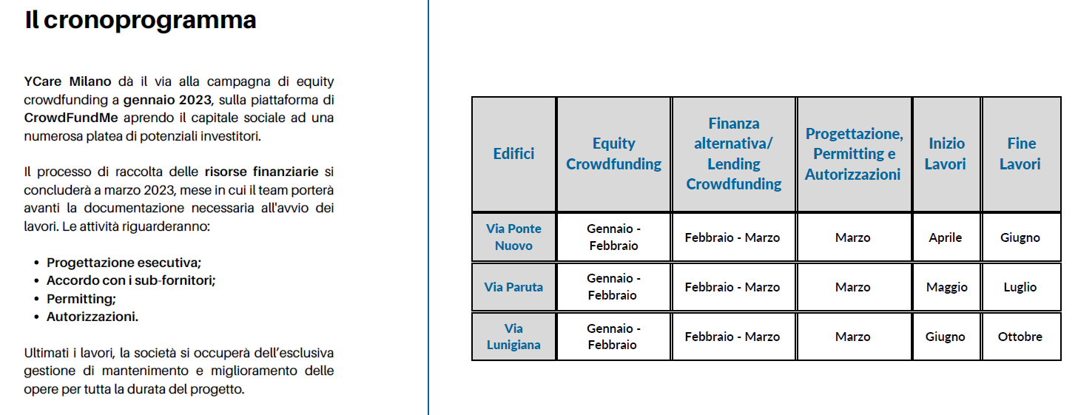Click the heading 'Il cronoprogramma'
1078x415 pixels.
[140, 21]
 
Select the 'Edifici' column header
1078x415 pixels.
[513, 154]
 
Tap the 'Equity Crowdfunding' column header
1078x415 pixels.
[613, 154]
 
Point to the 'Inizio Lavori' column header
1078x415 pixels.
[946, 154]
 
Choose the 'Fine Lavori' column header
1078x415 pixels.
[1021, 154]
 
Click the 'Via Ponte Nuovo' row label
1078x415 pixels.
[513, 237]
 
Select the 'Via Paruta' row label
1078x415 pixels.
[513, 287]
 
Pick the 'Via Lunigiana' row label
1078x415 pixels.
[513, 337]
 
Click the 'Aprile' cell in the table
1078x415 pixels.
[945, 237]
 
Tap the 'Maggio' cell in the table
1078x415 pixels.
[946, 288]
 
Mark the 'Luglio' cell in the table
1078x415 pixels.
[1020, 288]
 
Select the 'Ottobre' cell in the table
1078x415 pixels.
[1020, 337]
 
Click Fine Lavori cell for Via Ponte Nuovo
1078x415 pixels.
[1020, 237]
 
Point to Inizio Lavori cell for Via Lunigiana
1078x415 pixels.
[945, 337]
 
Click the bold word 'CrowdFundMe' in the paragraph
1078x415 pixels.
[71, 118]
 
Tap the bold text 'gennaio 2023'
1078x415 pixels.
[167, 100]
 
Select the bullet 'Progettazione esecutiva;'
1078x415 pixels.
[124, 263]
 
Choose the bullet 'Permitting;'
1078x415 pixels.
[81, 299]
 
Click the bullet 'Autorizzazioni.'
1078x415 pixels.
[92, 317]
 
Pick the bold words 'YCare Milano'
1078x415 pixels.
[67, 81]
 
